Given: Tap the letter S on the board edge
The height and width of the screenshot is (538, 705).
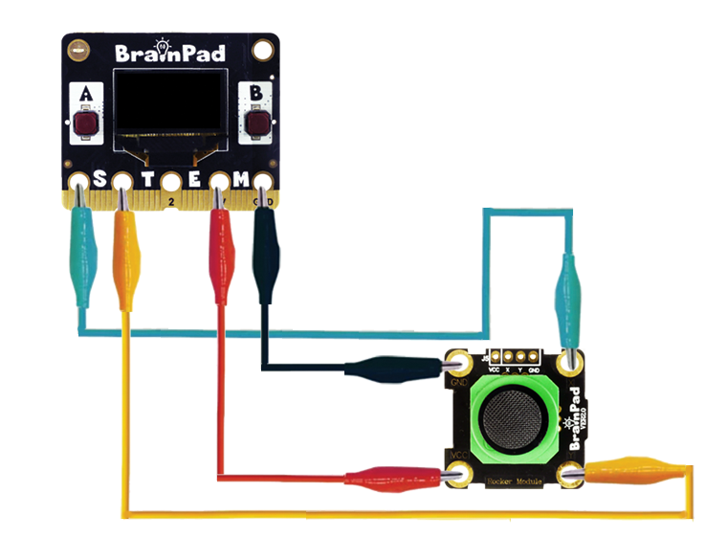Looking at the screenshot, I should (99, 180).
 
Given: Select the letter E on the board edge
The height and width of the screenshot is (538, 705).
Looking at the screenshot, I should (194, 180).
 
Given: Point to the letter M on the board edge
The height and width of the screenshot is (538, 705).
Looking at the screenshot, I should (241, 180).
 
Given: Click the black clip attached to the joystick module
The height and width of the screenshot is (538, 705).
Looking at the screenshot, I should (392, 369).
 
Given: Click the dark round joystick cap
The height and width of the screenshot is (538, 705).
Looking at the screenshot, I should (515, 419).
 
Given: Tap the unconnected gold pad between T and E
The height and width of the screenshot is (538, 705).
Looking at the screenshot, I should (170, 182).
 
